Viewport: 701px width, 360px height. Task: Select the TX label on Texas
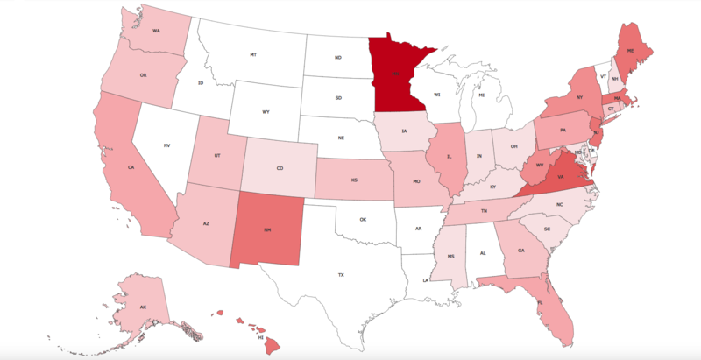341,275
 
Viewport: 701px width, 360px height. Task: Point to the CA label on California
131,166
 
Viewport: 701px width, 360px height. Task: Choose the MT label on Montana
253,54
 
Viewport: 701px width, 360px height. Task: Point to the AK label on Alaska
141,307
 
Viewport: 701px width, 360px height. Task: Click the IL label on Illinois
450,160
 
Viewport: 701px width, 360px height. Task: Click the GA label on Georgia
521,250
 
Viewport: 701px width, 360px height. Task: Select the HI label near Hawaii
261,335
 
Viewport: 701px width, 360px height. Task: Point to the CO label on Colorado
280,169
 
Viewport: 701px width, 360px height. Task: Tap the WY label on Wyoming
266,112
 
